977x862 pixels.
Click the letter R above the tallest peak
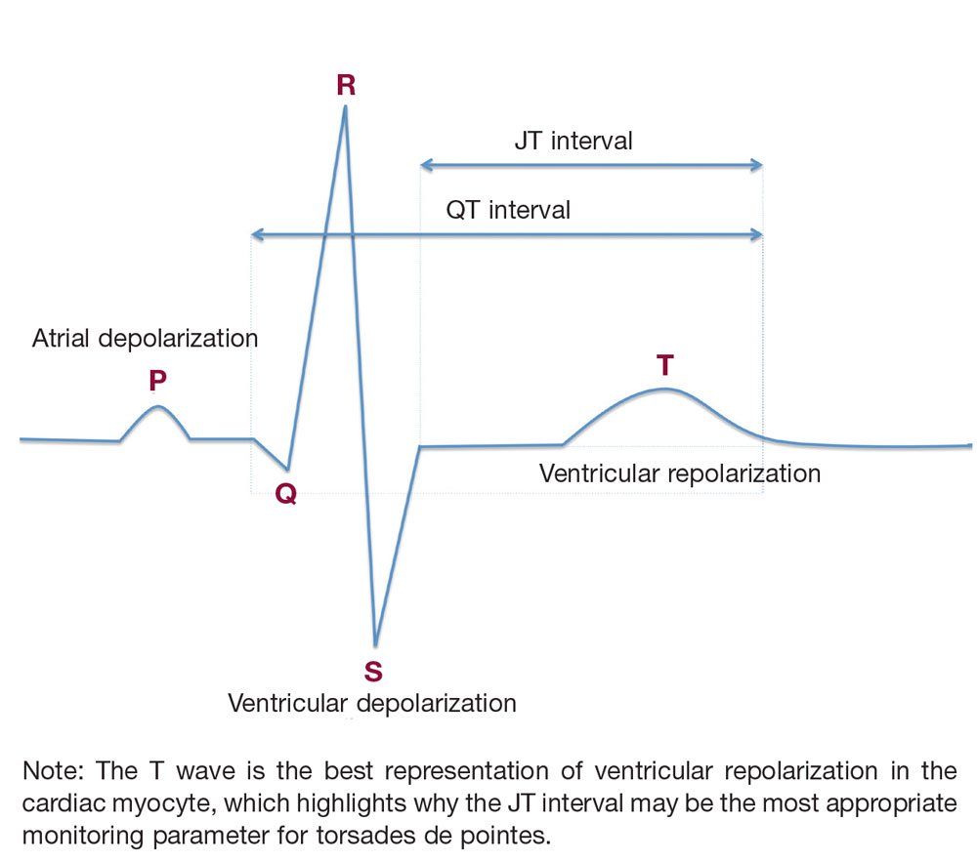[346, 85]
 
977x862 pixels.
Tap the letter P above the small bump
[157, 382]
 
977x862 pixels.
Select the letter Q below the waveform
[285, 495]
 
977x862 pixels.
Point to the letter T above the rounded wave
[664, 365]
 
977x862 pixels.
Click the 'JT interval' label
[573, 141]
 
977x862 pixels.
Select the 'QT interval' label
[508, 210]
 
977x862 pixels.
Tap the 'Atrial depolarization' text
[145, 339]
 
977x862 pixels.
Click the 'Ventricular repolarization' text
[680, 474]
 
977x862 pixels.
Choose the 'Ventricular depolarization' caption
[371, 703]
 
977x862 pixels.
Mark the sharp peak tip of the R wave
[345, 107]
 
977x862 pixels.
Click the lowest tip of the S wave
[374, 645]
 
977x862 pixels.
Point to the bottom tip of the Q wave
[286, 469]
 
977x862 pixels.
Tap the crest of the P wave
[157, 406]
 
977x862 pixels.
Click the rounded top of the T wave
[664, 389]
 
